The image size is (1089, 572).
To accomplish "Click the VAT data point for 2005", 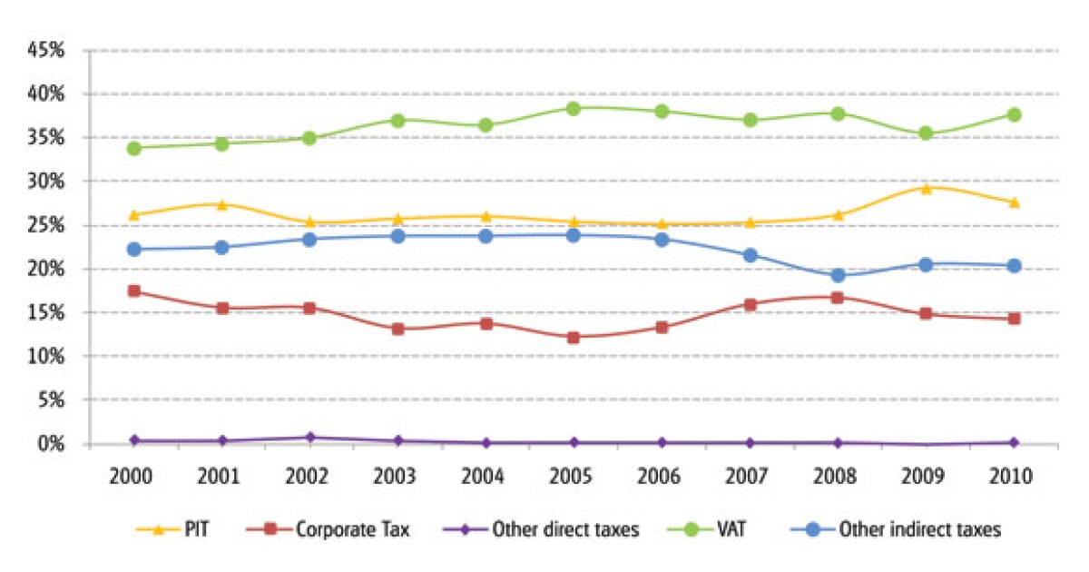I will (x=574, y=109).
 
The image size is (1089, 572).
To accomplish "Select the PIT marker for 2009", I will (x=926, y=188).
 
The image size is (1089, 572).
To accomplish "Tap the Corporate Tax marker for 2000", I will (x=133, y=291).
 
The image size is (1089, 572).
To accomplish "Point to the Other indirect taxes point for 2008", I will (x=838, y=275).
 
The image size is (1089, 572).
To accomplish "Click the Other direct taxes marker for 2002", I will (x=309, y=438).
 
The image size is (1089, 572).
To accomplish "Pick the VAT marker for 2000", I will (x=133, y=148).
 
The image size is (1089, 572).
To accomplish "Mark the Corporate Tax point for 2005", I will (x=574, y=338).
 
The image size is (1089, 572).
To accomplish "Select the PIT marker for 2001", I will (x=221, y=204).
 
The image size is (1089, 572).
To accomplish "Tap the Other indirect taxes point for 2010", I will (x=1014, y=266).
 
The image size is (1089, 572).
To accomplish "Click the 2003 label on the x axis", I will (x=397, y=478).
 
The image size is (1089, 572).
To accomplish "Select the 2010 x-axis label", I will (x=1014, y=478).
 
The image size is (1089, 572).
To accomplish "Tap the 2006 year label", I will (x=662, y=478).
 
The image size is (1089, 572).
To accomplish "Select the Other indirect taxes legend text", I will (x=920, y=529).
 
